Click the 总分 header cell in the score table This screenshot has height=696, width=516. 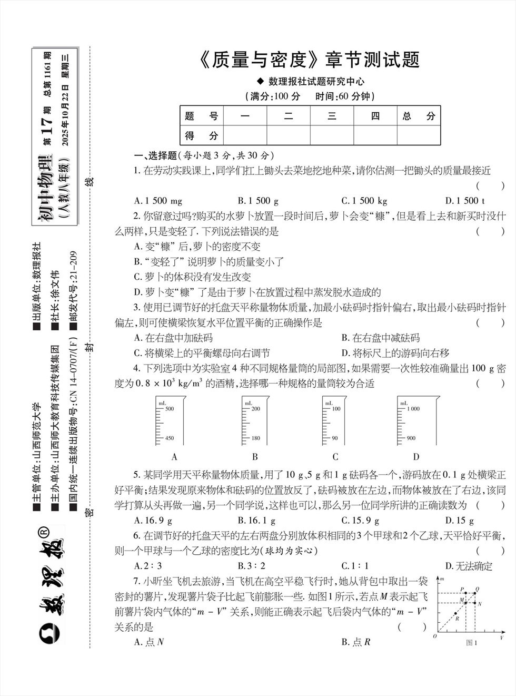[x=419, y=116]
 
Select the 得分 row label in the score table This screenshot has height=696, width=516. [x=201, y=135]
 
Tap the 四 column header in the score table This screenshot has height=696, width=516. [x=375, y=116]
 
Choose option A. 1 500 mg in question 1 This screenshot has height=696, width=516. [x=158, y=201]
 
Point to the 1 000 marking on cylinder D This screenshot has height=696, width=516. [x=413, y=408]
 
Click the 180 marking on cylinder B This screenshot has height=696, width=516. [x=256, y=438]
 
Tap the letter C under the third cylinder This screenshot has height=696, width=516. [x=335, y=457]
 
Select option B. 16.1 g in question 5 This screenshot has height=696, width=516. [x=256, y=521]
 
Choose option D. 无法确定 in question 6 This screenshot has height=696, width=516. [x=469, y=566]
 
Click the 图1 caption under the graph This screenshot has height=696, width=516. [x=471, y=642]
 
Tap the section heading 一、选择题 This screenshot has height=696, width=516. [x=155, y=155]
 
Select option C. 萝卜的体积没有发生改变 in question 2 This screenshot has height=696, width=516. [x=193, y=277]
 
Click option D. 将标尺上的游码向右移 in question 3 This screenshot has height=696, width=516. [x=395, y=353]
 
